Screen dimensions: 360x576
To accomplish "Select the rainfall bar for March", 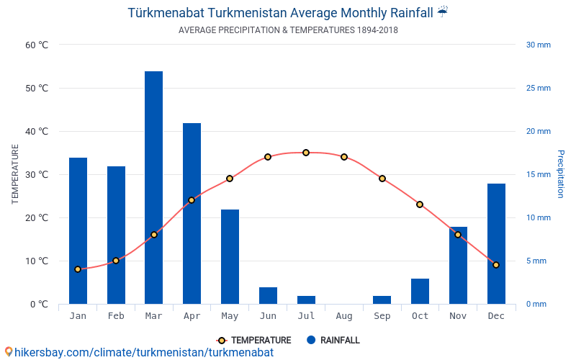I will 153,187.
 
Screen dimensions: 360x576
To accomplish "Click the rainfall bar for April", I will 192,213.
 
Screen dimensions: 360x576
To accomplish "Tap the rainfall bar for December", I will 496,243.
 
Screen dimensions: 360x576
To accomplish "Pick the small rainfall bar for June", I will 268,295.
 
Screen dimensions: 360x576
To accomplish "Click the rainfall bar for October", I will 420,291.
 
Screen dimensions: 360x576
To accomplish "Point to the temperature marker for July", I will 306,153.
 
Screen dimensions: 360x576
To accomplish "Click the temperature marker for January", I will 78,269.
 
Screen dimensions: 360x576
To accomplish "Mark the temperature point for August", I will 344,157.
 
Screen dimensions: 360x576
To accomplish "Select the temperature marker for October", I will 420,204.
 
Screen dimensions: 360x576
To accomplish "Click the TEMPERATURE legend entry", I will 254,341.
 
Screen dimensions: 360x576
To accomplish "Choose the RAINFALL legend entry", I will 333,341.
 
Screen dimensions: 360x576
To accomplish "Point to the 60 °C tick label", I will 37,45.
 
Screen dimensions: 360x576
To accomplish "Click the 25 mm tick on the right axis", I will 538,88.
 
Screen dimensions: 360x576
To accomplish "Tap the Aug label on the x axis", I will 344,316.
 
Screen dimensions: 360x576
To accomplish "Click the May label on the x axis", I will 230,316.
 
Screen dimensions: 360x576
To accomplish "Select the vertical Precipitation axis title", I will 560,174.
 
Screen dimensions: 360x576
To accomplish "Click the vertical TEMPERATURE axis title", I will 15,174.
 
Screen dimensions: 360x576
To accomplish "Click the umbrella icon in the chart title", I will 442,12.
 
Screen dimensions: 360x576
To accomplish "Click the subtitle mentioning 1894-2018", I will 288,30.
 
